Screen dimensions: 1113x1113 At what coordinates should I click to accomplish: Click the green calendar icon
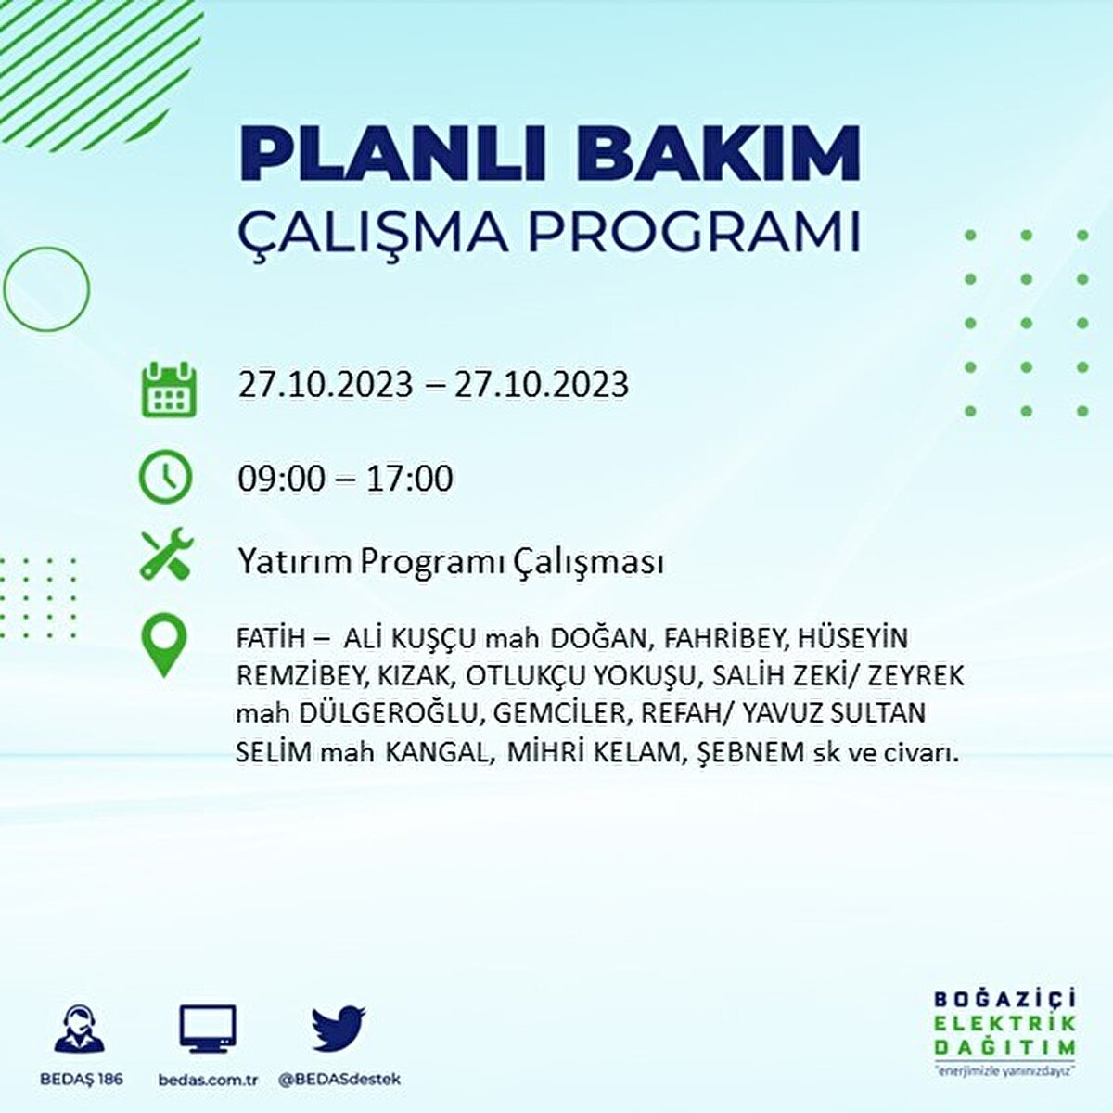point(168,389)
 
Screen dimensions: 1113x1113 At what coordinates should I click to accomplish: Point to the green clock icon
point(165,478)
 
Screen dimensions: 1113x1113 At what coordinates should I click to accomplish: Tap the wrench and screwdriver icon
point(166,554)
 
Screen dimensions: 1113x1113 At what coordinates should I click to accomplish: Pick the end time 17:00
point(408,479)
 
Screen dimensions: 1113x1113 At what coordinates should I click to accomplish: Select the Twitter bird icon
point(339,1028)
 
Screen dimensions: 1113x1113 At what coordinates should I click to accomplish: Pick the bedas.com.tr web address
point(208,1080)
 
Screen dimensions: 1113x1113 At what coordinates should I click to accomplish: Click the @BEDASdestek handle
point(339,1080)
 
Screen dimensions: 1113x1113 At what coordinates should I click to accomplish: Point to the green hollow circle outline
point(46,288)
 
